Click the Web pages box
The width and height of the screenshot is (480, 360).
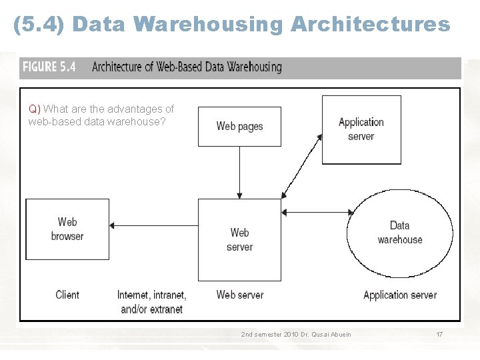tap(239, 126)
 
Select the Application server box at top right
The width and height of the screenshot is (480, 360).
tap(361, 129)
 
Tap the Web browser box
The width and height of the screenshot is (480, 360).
tap(67, 229)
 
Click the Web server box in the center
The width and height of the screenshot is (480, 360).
tap(239, 239)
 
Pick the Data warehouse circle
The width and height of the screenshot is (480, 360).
tap(399, 233)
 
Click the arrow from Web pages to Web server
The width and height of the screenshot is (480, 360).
tap(240, 172)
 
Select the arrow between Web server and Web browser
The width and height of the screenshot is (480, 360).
tap(153, 226)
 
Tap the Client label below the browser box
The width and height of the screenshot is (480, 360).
tap(67, 295)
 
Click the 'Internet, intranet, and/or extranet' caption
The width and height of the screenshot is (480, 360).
tap(152, 302)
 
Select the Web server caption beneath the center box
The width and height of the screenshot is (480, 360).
tap(239, 295)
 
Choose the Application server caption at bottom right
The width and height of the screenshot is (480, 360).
tap(400, 295)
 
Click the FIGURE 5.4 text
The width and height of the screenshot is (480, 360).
tap(49, 67)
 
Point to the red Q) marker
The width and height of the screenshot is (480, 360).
tap(34, 109)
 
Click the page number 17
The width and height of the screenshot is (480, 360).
tap(439, 334)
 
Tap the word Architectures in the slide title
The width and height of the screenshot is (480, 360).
tap(370, 25)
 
